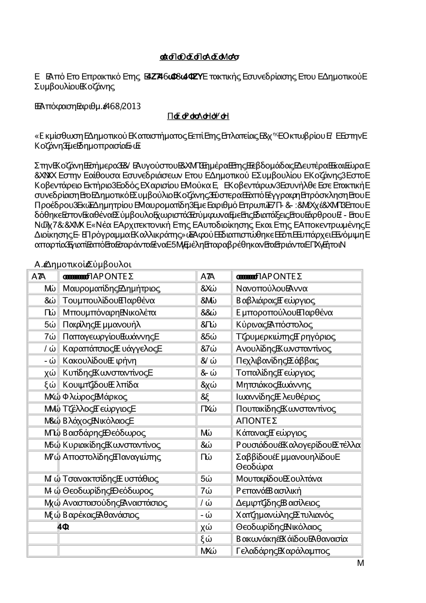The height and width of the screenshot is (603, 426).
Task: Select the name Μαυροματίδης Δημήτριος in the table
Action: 111,289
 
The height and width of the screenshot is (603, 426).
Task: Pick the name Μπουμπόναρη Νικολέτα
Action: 109,312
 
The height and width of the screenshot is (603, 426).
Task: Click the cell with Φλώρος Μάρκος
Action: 95,397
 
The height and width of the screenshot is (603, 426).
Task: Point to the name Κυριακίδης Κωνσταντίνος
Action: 111,445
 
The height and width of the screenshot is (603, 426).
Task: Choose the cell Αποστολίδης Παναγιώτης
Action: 112,457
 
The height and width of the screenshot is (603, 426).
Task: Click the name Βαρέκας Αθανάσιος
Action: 101,515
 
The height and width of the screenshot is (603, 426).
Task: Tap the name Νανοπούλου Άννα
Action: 272,289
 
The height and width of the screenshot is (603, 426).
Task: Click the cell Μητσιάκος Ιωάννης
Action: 273,385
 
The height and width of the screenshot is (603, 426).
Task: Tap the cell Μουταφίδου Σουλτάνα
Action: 279,479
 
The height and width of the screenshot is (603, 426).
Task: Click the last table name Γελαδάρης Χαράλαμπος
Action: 283,551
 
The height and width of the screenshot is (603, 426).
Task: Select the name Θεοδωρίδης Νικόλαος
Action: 279,527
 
